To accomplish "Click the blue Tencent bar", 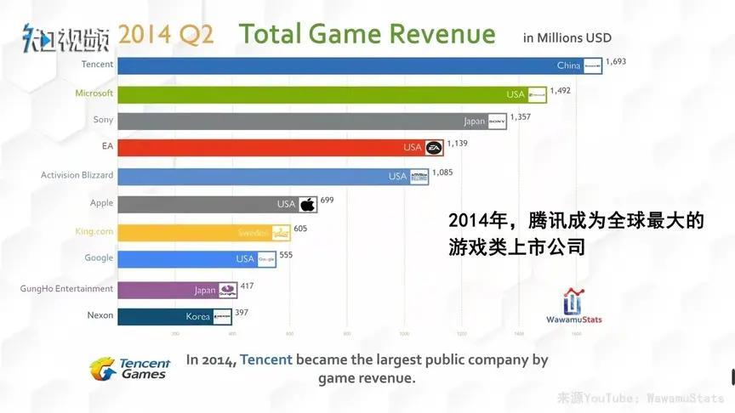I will (x=340, y=65).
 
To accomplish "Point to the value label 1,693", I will (x=618, y=62).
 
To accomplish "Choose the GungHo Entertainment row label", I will (x=66, y=289).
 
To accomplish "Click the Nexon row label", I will (x=100, y=315).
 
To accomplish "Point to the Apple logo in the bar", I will (x=307, y=205).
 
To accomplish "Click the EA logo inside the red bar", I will (x=433, y=149).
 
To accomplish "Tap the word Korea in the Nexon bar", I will (x=197, y=317).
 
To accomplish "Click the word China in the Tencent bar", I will (x=568, y=65).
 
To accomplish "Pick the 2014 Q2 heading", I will (x=166, y=35).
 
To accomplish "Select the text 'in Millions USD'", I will (x=567, y=38).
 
